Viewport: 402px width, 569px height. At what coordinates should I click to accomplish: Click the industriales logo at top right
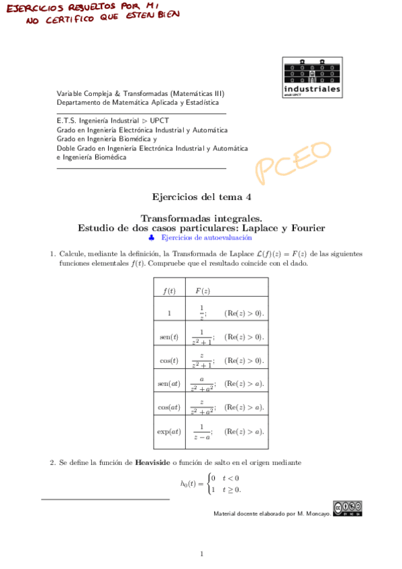click(x=311, y=77)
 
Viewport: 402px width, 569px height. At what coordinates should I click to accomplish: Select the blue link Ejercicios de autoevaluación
click(x=207, y=238)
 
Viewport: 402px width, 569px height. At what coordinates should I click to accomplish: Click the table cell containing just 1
click(x=169, y=313)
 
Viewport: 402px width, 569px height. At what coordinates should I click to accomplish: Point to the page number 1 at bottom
click(x=201, y=554)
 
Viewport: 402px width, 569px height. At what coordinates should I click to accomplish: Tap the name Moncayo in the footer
click(x=314, y=514)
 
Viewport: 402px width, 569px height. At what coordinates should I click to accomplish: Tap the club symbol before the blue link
click(x=152, y=238)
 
